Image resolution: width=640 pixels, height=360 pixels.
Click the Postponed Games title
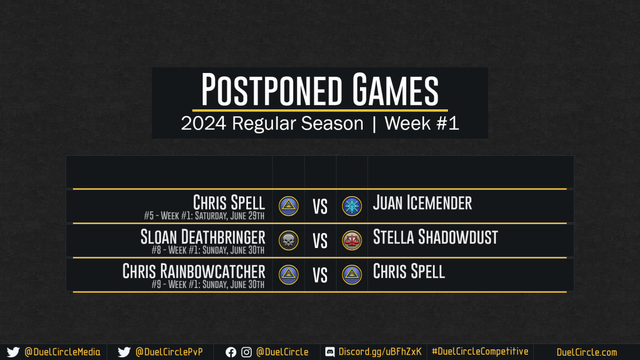point(319,89)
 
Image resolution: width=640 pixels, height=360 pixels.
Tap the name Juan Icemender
point(422,203)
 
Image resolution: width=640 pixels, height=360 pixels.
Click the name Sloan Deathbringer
point(203,237)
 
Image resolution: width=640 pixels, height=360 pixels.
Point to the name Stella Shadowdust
point(435,237)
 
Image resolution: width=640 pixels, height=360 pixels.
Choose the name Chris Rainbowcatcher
point(194,271)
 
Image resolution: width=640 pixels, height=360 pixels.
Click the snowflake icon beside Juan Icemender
point(351,206)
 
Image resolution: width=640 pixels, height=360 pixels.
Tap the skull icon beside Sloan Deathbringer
point(289,241)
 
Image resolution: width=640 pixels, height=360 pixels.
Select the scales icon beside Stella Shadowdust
point(351,241)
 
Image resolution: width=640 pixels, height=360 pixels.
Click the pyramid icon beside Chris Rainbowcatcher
point(289,275)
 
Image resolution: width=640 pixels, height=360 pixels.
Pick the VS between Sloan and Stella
point(320,241)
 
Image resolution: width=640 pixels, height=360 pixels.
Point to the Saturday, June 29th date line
point(204,215)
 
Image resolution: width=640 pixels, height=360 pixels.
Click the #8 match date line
point(207,250)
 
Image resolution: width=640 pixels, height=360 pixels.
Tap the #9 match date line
point(207,284)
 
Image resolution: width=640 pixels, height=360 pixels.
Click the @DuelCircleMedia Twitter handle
point(62,352)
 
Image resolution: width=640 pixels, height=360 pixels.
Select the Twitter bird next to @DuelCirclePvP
point(124,352)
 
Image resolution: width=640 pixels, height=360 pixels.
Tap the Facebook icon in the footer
point(231,353)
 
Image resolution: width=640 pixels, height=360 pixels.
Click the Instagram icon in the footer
point(246,353)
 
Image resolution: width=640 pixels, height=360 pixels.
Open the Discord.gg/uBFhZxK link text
point(380,351)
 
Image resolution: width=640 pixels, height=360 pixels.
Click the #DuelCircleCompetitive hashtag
point(480,351)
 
